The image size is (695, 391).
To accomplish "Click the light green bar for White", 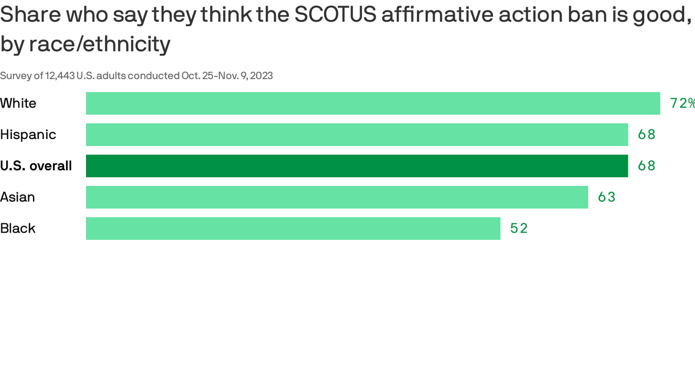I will tap(373, 103).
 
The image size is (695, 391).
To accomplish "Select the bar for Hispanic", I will tap(357, 134).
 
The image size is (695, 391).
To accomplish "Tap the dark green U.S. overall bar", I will tap(357, 166).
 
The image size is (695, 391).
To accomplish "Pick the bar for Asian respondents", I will tap(337, 197).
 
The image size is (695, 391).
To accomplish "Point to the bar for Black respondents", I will tap(293, 229).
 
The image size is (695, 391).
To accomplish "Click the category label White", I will tap(18, 103).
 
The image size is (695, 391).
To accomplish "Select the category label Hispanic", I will tap(28, 134).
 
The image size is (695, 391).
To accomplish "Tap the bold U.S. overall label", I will tap(36, 166).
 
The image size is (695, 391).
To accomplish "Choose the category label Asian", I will tap(18, 197).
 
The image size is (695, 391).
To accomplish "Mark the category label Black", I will tap(18, 229).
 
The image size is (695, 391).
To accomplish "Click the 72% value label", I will tap(682, 103).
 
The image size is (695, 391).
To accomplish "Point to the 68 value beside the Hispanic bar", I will tap(647, 134).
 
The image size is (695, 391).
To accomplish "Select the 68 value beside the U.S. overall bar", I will tap(647, 166).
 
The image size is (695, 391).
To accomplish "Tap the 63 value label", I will tap(606, 197).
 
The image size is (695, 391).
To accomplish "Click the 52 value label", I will tap(519, 229).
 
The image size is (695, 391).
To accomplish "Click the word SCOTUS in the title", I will tap(335, 15).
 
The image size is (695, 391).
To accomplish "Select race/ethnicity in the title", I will tap(100, 44).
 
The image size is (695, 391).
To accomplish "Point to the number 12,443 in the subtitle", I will tap(60, 76).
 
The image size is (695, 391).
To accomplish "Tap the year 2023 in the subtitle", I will tap(261, 76).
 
